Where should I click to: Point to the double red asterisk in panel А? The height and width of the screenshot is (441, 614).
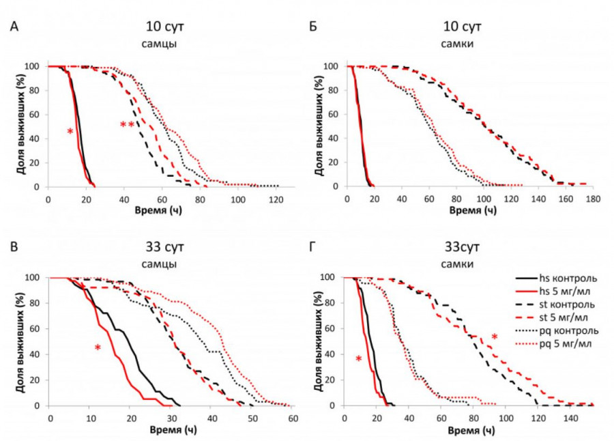click(127, 125)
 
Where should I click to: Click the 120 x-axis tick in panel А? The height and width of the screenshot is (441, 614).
click(276, 198)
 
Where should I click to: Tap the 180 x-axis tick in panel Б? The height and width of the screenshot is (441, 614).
click(592, 198)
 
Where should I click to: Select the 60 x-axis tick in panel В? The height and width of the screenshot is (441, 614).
click(292, 417)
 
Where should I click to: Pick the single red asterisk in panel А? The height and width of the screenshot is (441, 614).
click(70, 131)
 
